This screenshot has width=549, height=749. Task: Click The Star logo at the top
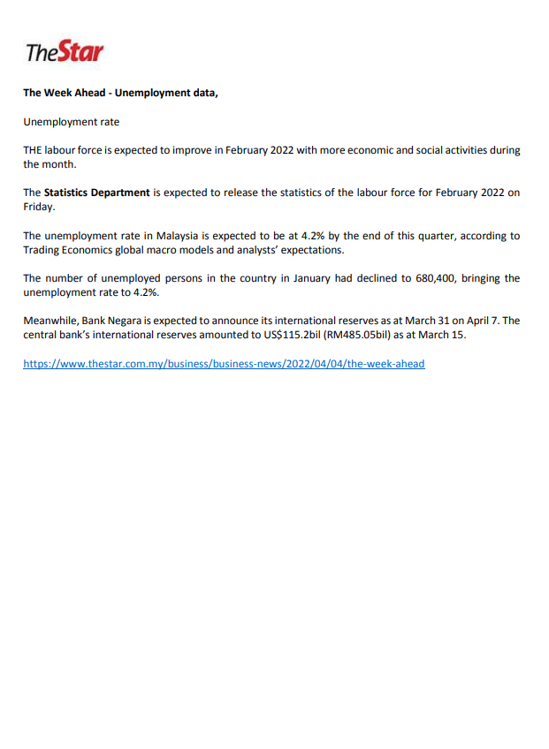click(65, 52)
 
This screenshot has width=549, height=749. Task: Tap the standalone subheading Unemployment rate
click(71, 121)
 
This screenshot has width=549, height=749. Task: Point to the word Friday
click(39, 206)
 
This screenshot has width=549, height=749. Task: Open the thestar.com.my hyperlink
click(224, 363)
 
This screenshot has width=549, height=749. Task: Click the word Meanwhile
click(50, 321)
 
